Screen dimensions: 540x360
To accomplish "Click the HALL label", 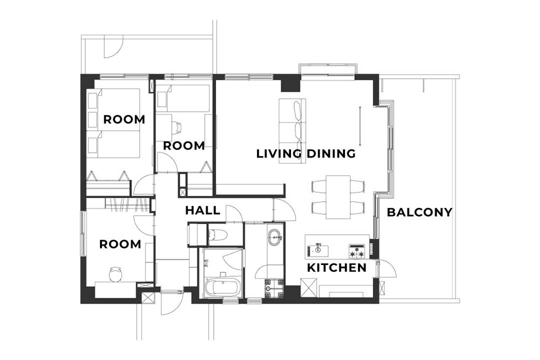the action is pyautogui.click(x=202, y=210).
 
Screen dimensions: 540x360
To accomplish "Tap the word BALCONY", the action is pyautogui.click(x=420, y=212).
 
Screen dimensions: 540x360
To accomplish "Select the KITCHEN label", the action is pyautogui.click(x=336, y=268).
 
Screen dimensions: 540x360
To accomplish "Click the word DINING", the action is pyautogui.click(x=331, y=153).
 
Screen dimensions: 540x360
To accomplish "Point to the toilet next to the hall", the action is pyautogui.click(x=218, y=235).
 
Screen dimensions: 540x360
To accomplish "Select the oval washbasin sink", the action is pyautogui.click(x=275, y=237).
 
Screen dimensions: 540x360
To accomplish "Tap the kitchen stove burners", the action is pyautogui.click(x=357, y=251).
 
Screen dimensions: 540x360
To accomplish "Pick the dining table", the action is pyautogui.click(x=338, y=197).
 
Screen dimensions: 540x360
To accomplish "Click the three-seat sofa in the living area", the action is pyautogui.click(x=292, y=131).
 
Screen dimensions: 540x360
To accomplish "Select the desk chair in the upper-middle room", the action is pyautogui.click(x=177, y=127).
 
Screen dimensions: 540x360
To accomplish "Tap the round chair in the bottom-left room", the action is pyautogui.click(x=116, y=274).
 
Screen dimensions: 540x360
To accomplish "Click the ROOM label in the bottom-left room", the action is pyautogui.click(x=120, y=244).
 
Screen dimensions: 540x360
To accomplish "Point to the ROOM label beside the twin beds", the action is pyautogui.click(x=124, y=120).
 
